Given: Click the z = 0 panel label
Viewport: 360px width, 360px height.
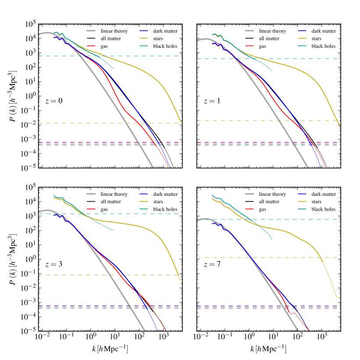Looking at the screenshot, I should [54, 101].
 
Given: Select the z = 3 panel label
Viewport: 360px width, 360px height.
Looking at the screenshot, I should [54, 265].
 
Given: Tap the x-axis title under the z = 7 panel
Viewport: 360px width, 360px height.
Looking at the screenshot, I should [269, 349].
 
